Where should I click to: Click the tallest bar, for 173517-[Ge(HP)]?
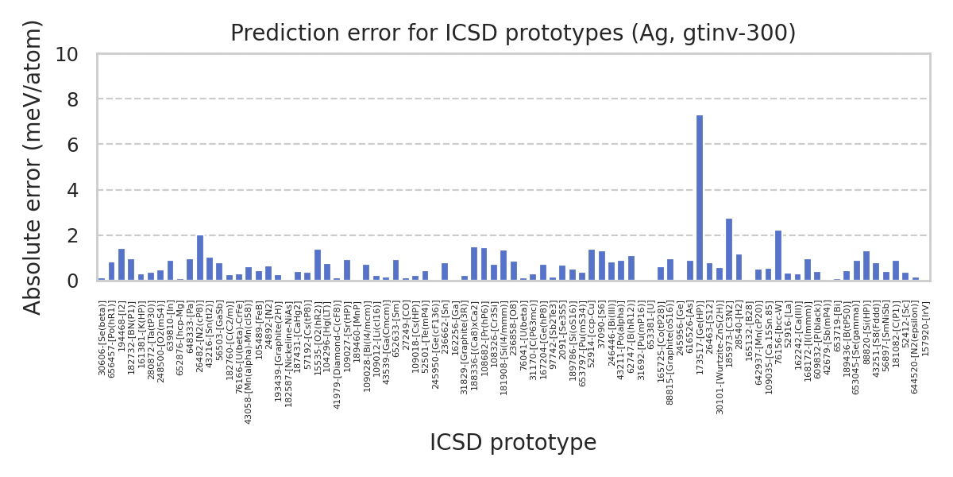700,198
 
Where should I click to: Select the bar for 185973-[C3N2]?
729,250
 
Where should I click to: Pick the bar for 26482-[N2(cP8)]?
200,258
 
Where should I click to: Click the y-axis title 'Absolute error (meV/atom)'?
33,167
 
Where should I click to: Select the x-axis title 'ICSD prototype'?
513,443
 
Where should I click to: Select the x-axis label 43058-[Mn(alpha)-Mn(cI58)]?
249,363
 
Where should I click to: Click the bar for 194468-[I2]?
122,265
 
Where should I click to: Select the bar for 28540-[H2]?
739,268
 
